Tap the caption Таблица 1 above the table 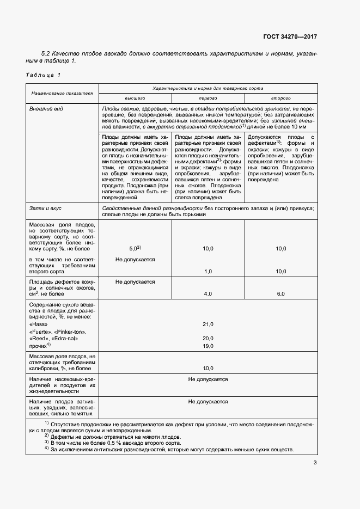[43, 74]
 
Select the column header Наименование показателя [62, 93]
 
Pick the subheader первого [208, 98]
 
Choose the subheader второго [280, 98]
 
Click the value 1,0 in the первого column [208, 271]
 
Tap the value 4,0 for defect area [208, 293]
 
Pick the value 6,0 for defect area [280, 293]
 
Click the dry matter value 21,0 [208, 324]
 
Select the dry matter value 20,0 [208, 338]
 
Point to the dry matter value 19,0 [208, 345]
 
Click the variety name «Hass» [38, 324]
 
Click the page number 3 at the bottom [315, 463]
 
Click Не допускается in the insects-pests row [208, 379]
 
